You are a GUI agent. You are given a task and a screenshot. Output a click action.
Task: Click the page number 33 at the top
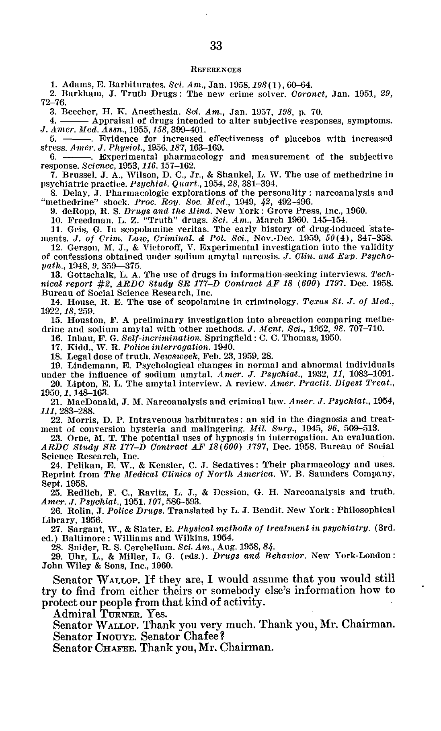216,46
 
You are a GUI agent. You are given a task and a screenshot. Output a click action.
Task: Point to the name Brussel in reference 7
77,175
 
